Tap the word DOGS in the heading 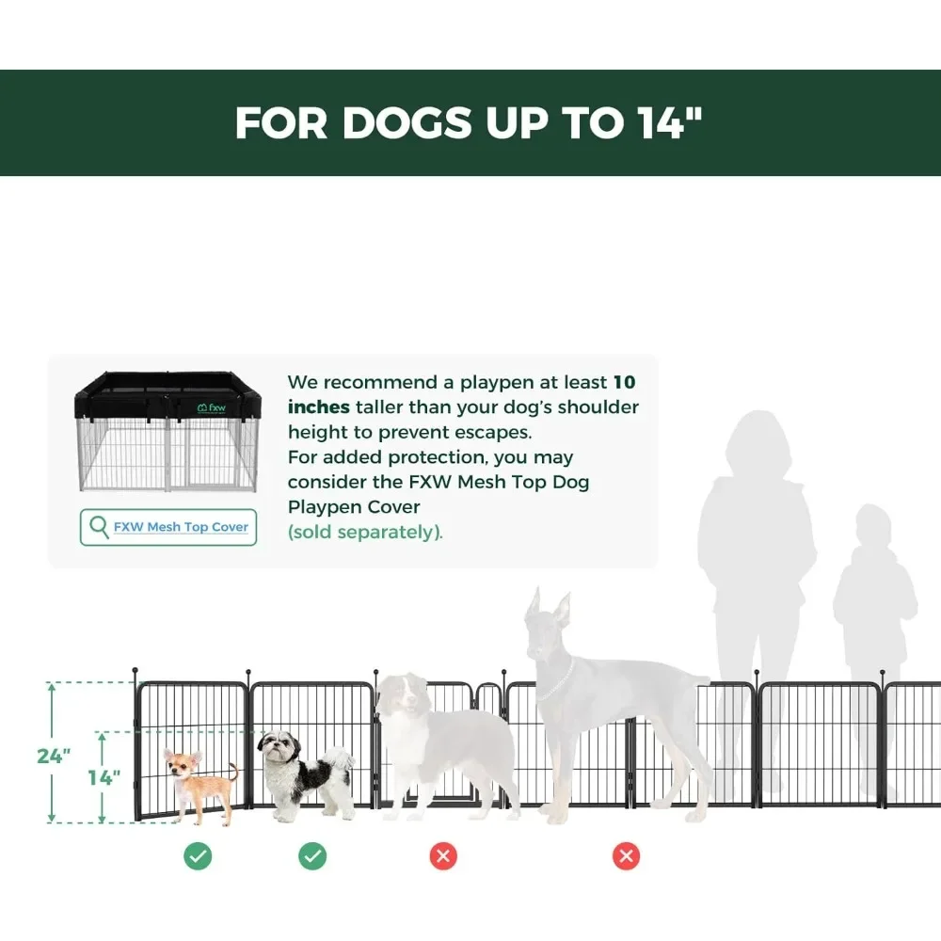tap(411, 122)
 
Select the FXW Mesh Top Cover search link tap(181, 527)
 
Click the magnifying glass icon tap(98, 526)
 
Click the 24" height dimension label tap(55, 756)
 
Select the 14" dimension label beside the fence tap(104, 777)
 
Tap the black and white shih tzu tap(301, 772)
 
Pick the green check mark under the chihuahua tap(198, 855)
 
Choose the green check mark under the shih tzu tap(312, 855)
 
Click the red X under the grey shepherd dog tap(443, 855)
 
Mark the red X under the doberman tap(626, 855)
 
